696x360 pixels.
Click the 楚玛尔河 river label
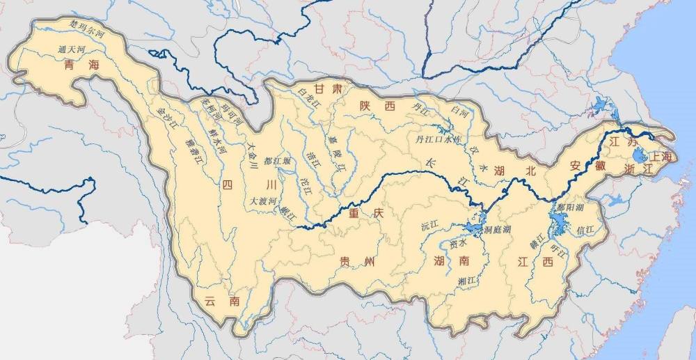(x=86, y=30)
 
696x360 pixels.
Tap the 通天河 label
(x=73, y=51)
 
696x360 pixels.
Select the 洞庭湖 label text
(x=498, y=228)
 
